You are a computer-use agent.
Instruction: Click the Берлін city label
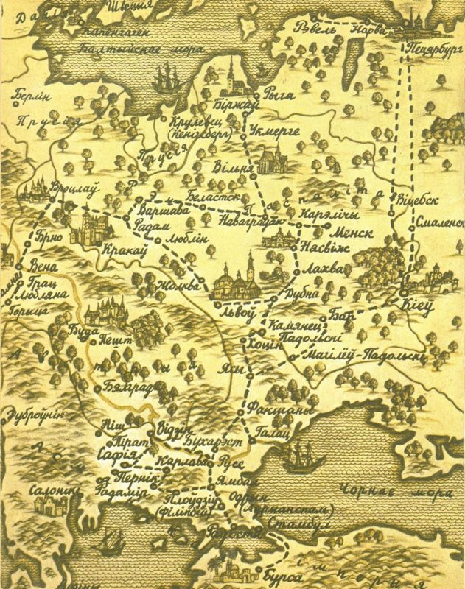tap(32, 96)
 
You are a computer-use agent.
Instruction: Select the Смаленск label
tap(439, 221)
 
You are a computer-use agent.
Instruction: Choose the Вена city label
tap(46, 266)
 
